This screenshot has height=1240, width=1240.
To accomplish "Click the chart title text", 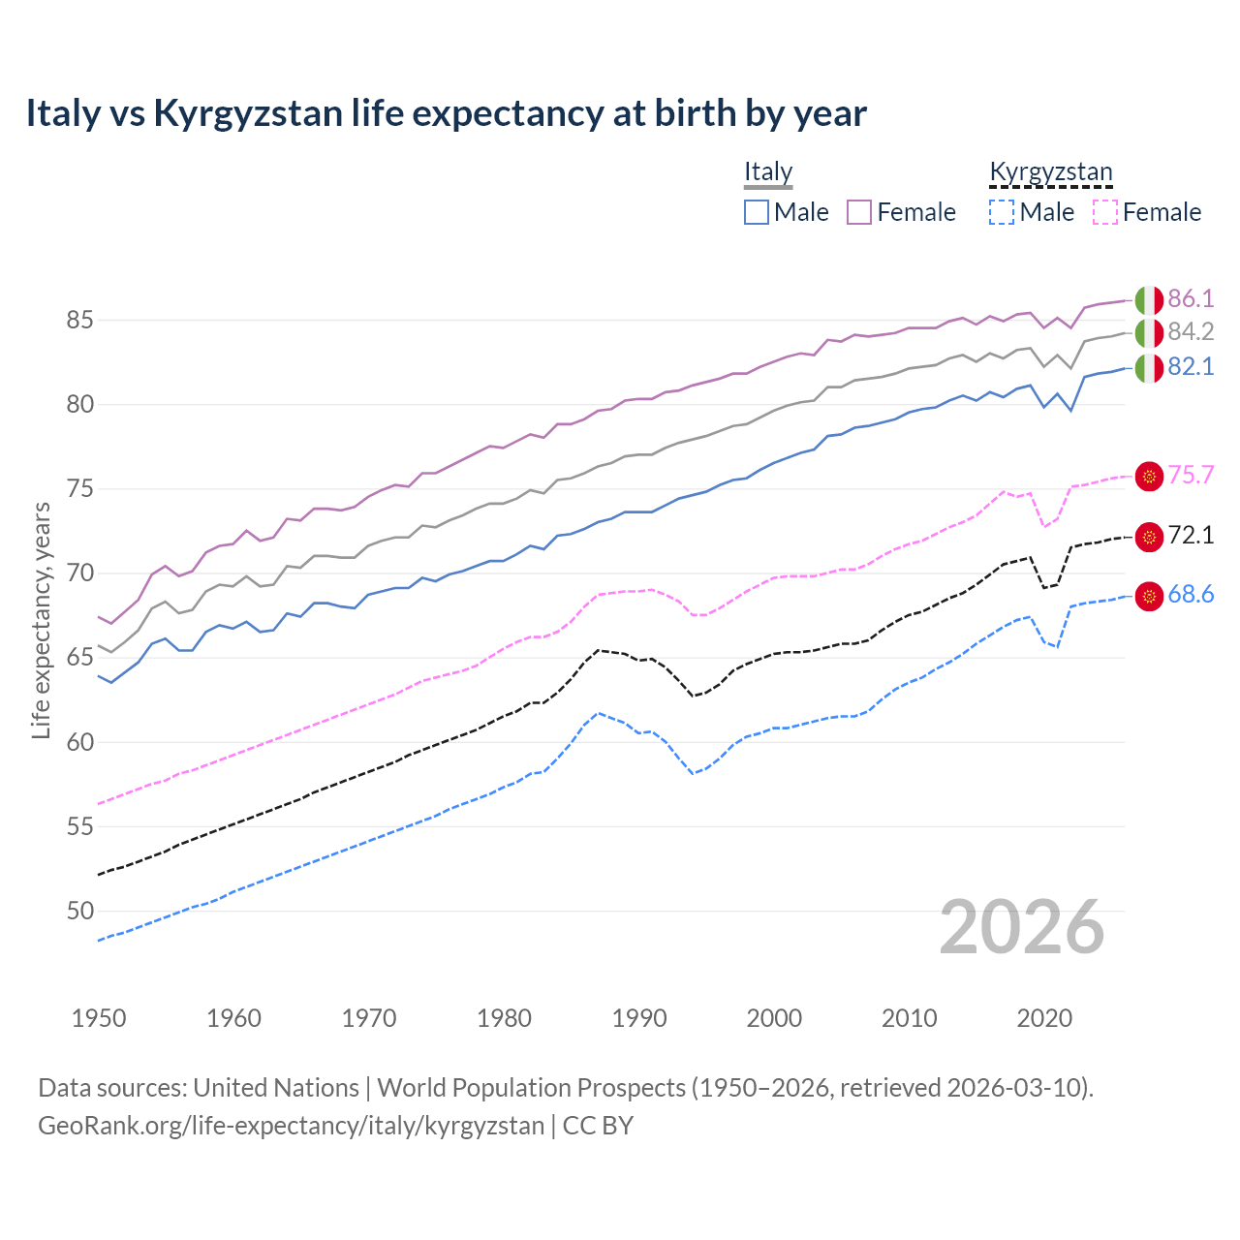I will pyautogui.click(x=446, y=113).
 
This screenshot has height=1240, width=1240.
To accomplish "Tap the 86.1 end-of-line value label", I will pyautogui.click(x=1191, y=298).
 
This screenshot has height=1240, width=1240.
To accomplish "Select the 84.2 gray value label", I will pyautogui.click(x=1191, y=332).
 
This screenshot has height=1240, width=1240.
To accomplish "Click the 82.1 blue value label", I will pyautogui.click(x=1191, y=367).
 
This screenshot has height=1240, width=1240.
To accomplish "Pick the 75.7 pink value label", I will pyautogui.click(x=1191, y=475).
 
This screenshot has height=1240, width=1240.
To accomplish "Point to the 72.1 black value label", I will pyautogui.click(x=1191, y=536).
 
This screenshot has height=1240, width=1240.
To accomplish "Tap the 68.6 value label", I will pyautogui.click(x=1191, y=595).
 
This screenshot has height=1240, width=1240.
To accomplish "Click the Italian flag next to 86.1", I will pyautogui.click(x=1149, y=299).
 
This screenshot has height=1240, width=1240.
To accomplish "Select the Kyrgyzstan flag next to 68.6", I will pyautogui.click(x=1149, y=596).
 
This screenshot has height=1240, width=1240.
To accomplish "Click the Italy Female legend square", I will pyautogui.click(x=859, y=212).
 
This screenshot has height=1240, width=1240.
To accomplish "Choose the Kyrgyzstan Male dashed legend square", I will pyautogui.click(x=1002, y=212).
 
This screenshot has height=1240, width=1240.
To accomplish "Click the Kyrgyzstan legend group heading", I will pyautogui.click(x=1050, y=172).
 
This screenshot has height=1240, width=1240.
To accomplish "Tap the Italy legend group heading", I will pyautogui.click(x=768, y=172).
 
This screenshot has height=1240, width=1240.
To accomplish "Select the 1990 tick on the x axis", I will pyautogui.click(x=639, y=1018).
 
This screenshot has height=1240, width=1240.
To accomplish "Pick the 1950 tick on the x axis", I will pyautogui.click(x=99, y=1018).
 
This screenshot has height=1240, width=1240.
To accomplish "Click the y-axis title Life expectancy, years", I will pyautogui.click(x=41, y=620).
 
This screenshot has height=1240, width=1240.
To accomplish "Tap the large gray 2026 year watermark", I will pyautogui.click(x=1021, y=927).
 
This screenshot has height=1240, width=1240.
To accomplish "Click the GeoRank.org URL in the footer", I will pyautogui.click(x=291, y=1126).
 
